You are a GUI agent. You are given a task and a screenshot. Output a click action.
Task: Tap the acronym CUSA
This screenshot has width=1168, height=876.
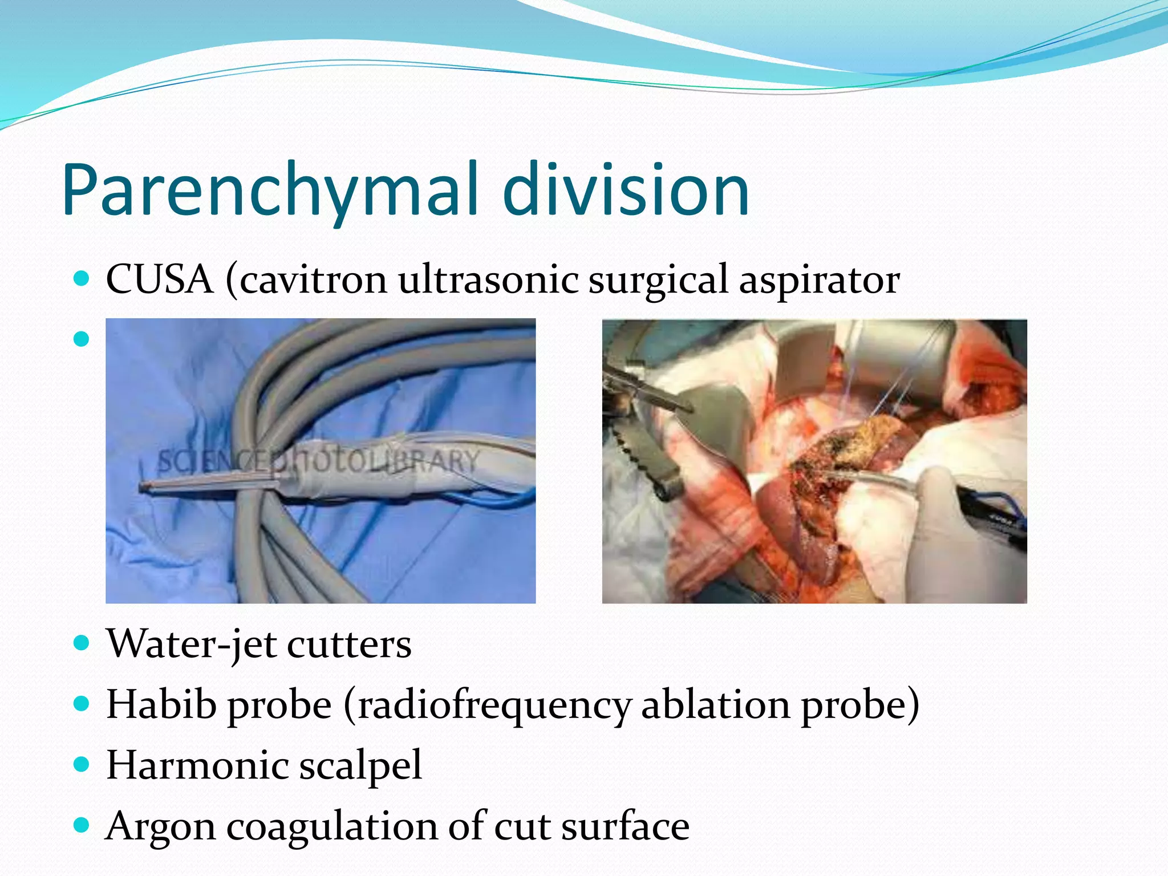(160, 280)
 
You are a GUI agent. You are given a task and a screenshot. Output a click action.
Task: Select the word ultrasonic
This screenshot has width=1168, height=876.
(488, 280)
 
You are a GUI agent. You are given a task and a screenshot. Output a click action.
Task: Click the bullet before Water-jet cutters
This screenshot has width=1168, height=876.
(82, 644)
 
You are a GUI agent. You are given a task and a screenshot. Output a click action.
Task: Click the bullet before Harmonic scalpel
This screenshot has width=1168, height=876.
(82, 764)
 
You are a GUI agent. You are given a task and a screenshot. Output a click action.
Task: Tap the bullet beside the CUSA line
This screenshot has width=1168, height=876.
(82, 279)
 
